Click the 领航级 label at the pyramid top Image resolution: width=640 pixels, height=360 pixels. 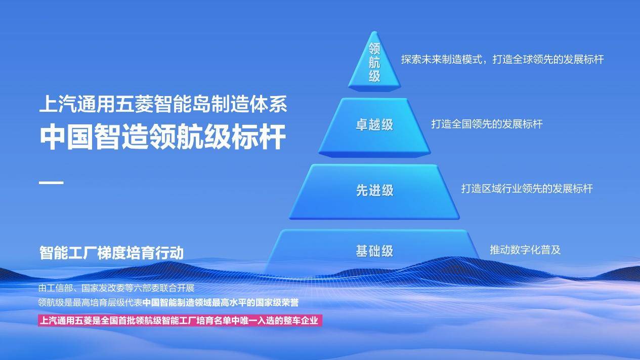(x=374, y=63)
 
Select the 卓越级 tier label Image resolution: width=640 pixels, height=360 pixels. (x=374, y=125)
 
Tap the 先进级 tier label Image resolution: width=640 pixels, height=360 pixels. (x=374, y=190)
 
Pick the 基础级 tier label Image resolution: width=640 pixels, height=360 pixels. (x=374, y=251)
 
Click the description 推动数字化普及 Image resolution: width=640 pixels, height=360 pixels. (x=525, y=250)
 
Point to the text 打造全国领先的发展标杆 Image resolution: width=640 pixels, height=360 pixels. (x=487, y=124)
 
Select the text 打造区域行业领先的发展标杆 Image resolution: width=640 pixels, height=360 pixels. (x=527, y=189)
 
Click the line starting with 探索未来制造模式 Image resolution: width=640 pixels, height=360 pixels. (x=502, y=59)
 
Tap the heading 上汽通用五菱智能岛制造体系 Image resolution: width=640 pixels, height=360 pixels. (x=163, y=104)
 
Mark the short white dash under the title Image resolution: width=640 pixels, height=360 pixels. (x=51, y=183)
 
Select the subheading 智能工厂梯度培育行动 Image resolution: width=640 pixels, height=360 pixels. (x=111, y=252)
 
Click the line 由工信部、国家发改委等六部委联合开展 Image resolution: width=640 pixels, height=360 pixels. (x=116, y=288)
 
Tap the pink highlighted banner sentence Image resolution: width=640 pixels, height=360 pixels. (x=180, y=321)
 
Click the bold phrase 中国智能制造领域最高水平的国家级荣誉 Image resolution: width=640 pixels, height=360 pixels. (x=221, y=303)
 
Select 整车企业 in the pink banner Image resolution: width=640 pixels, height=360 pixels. (x=301, y=321)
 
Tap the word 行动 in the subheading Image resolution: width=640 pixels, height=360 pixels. (x=169, y=252)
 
